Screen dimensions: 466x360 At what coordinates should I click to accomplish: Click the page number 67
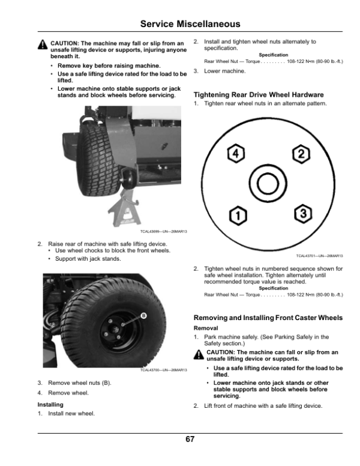[190, 440]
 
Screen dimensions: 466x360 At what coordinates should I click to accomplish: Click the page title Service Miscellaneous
[190, 24]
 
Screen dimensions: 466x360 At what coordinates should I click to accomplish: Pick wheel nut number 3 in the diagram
[304, 213]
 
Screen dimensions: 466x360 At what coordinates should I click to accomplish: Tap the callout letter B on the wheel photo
[143, 316]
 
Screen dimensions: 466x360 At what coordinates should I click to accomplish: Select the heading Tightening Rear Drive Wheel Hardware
[259, 95]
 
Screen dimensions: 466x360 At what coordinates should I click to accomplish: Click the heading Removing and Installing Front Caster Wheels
[268, 318]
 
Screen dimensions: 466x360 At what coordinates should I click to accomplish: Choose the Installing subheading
[51, 405]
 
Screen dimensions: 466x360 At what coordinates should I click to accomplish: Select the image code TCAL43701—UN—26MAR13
[319, 255]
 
